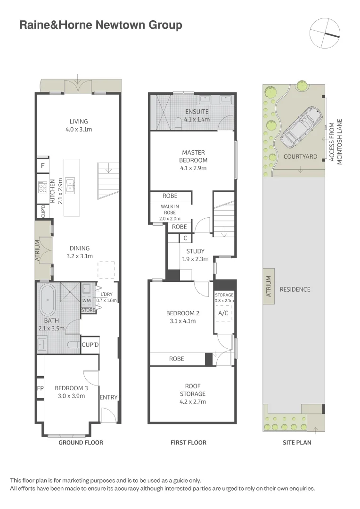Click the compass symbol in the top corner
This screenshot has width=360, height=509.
(x=325, y=33)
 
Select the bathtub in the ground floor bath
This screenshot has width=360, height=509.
(x=47, y=300)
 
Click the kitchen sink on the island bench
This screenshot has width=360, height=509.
(x=70, y=185)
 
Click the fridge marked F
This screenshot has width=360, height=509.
(x=43, y=165)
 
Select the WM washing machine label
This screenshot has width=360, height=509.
(x=86, y=300)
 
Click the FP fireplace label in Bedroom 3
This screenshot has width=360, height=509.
(x=41, y=388)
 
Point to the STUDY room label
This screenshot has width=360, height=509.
(x=195, y=251)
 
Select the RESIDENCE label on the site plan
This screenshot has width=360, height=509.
(x=295, y=289)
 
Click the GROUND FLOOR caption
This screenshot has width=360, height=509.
(x=81, y=443)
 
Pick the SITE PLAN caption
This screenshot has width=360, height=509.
(x=297, y=443)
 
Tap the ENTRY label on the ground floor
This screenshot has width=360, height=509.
(x=108, y=397)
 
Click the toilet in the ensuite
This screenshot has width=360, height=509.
(x=178, y=123)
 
